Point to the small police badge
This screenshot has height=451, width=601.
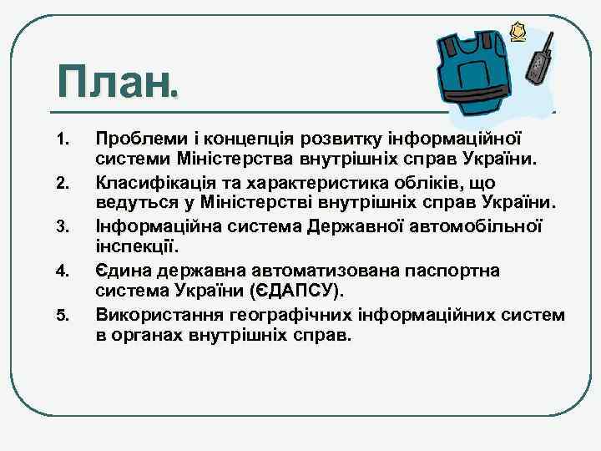pos(519,32)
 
